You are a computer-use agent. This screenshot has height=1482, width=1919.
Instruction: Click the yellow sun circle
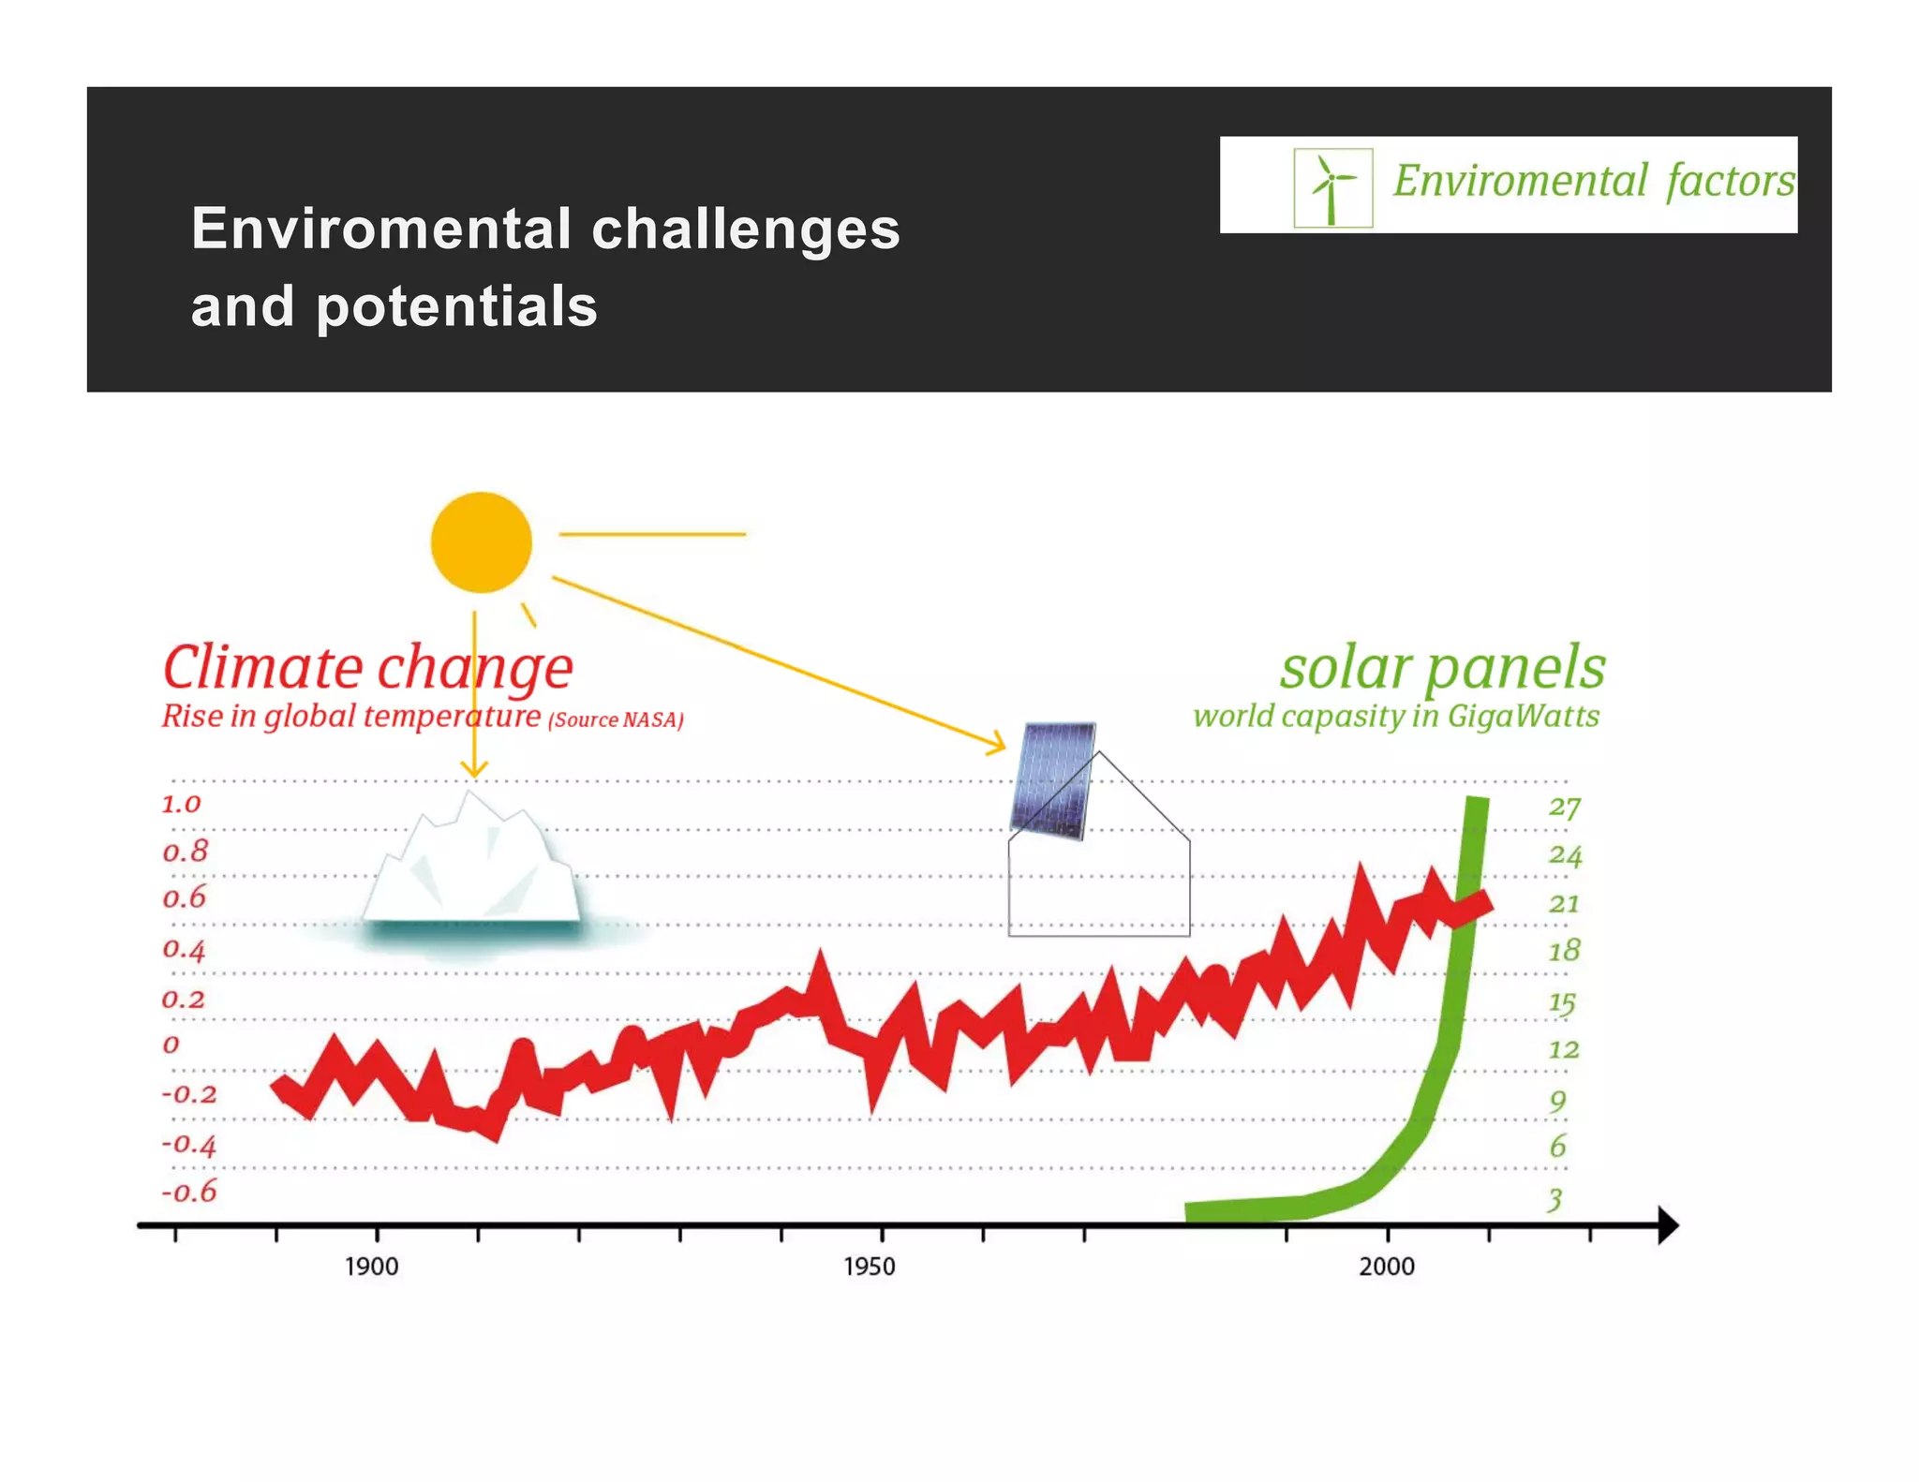click(481, 542)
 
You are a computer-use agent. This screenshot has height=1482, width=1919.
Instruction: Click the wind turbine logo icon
click(1332, 187)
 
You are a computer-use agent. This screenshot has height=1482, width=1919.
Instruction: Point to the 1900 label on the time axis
click(371, 1267)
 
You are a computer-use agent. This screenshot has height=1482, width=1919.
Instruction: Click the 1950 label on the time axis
click(869, 1267)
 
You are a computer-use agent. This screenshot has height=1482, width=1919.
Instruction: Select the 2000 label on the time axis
click(1386, 1267)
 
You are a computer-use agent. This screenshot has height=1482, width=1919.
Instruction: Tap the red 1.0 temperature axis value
click(181, 804)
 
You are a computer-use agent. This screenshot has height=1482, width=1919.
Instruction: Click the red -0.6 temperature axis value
click(188, 1192)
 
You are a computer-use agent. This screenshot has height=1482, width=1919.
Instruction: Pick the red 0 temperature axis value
click(171, 1044)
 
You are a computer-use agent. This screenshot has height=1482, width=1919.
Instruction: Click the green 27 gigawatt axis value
click(1564, 808)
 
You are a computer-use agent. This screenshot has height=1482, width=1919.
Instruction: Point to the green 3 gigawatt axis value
click(1555, 1199)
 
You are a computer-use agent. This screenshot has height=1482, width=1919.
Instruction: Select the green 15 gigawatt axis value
click(1562, 1003)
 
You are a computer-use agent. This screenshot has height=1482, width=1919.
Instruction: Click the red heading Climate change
click(367, 668)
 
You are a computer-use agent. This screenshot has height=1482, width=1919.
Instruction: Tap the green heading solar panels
click(1442, 668)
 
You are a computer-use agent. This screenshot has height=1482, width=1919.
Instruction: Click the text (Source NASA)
click(616, 719)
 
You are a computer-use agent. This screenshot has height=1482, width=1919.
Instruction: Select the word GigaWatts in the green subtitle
click(1523, 716)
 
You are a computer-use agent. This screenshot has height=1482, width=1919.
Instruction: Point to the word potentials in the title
click(456, 307)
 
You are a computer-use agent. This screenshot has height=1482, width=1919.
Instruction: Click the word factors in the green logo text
click(1730, 181)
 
